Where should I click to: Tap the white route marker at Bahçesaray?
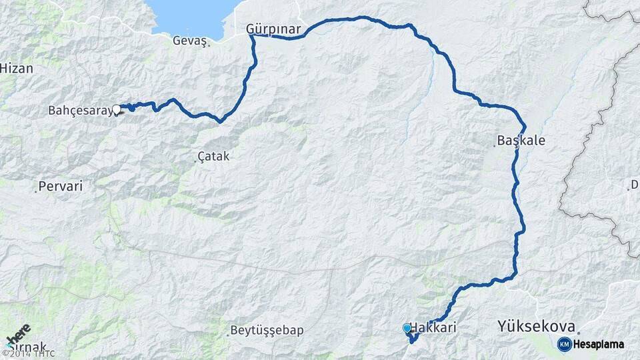pyautogui.click(x=117, y=109)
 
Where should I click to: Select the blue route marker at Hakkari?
pyautogui.click(x=407, y=328)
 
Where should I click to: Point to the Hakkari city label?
pyautogui.click(x=434, y=328)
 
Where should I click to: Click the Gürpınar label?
pyautogui.click(x=273, y=29)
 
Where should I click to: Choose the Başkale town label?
pyautogui.click(x=521, y=141)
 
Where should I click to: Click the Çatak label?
pyautogui.click(x=214, y=157)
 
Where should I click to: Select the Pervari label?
pyautogui.click(x=61, y=187)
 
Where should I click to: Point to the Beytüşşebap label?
pyautogui.click(x=267, y=331)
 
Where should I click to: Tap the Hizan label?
pyautogui.click(x=17, y=68)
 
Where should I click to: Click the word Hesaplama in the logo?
pyautogui.click(x=598, y=344)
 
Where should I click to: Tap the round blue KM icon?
pyautogui.click(x=564, y=344)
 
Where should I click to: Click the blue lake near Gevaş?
pyautogui.click(x=193, y=17)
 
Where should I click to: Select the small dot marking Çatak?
pyautogui.click(x=197, y=161)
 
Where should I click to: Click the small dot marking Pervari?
pyautogui.click(x=35, y=192)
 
